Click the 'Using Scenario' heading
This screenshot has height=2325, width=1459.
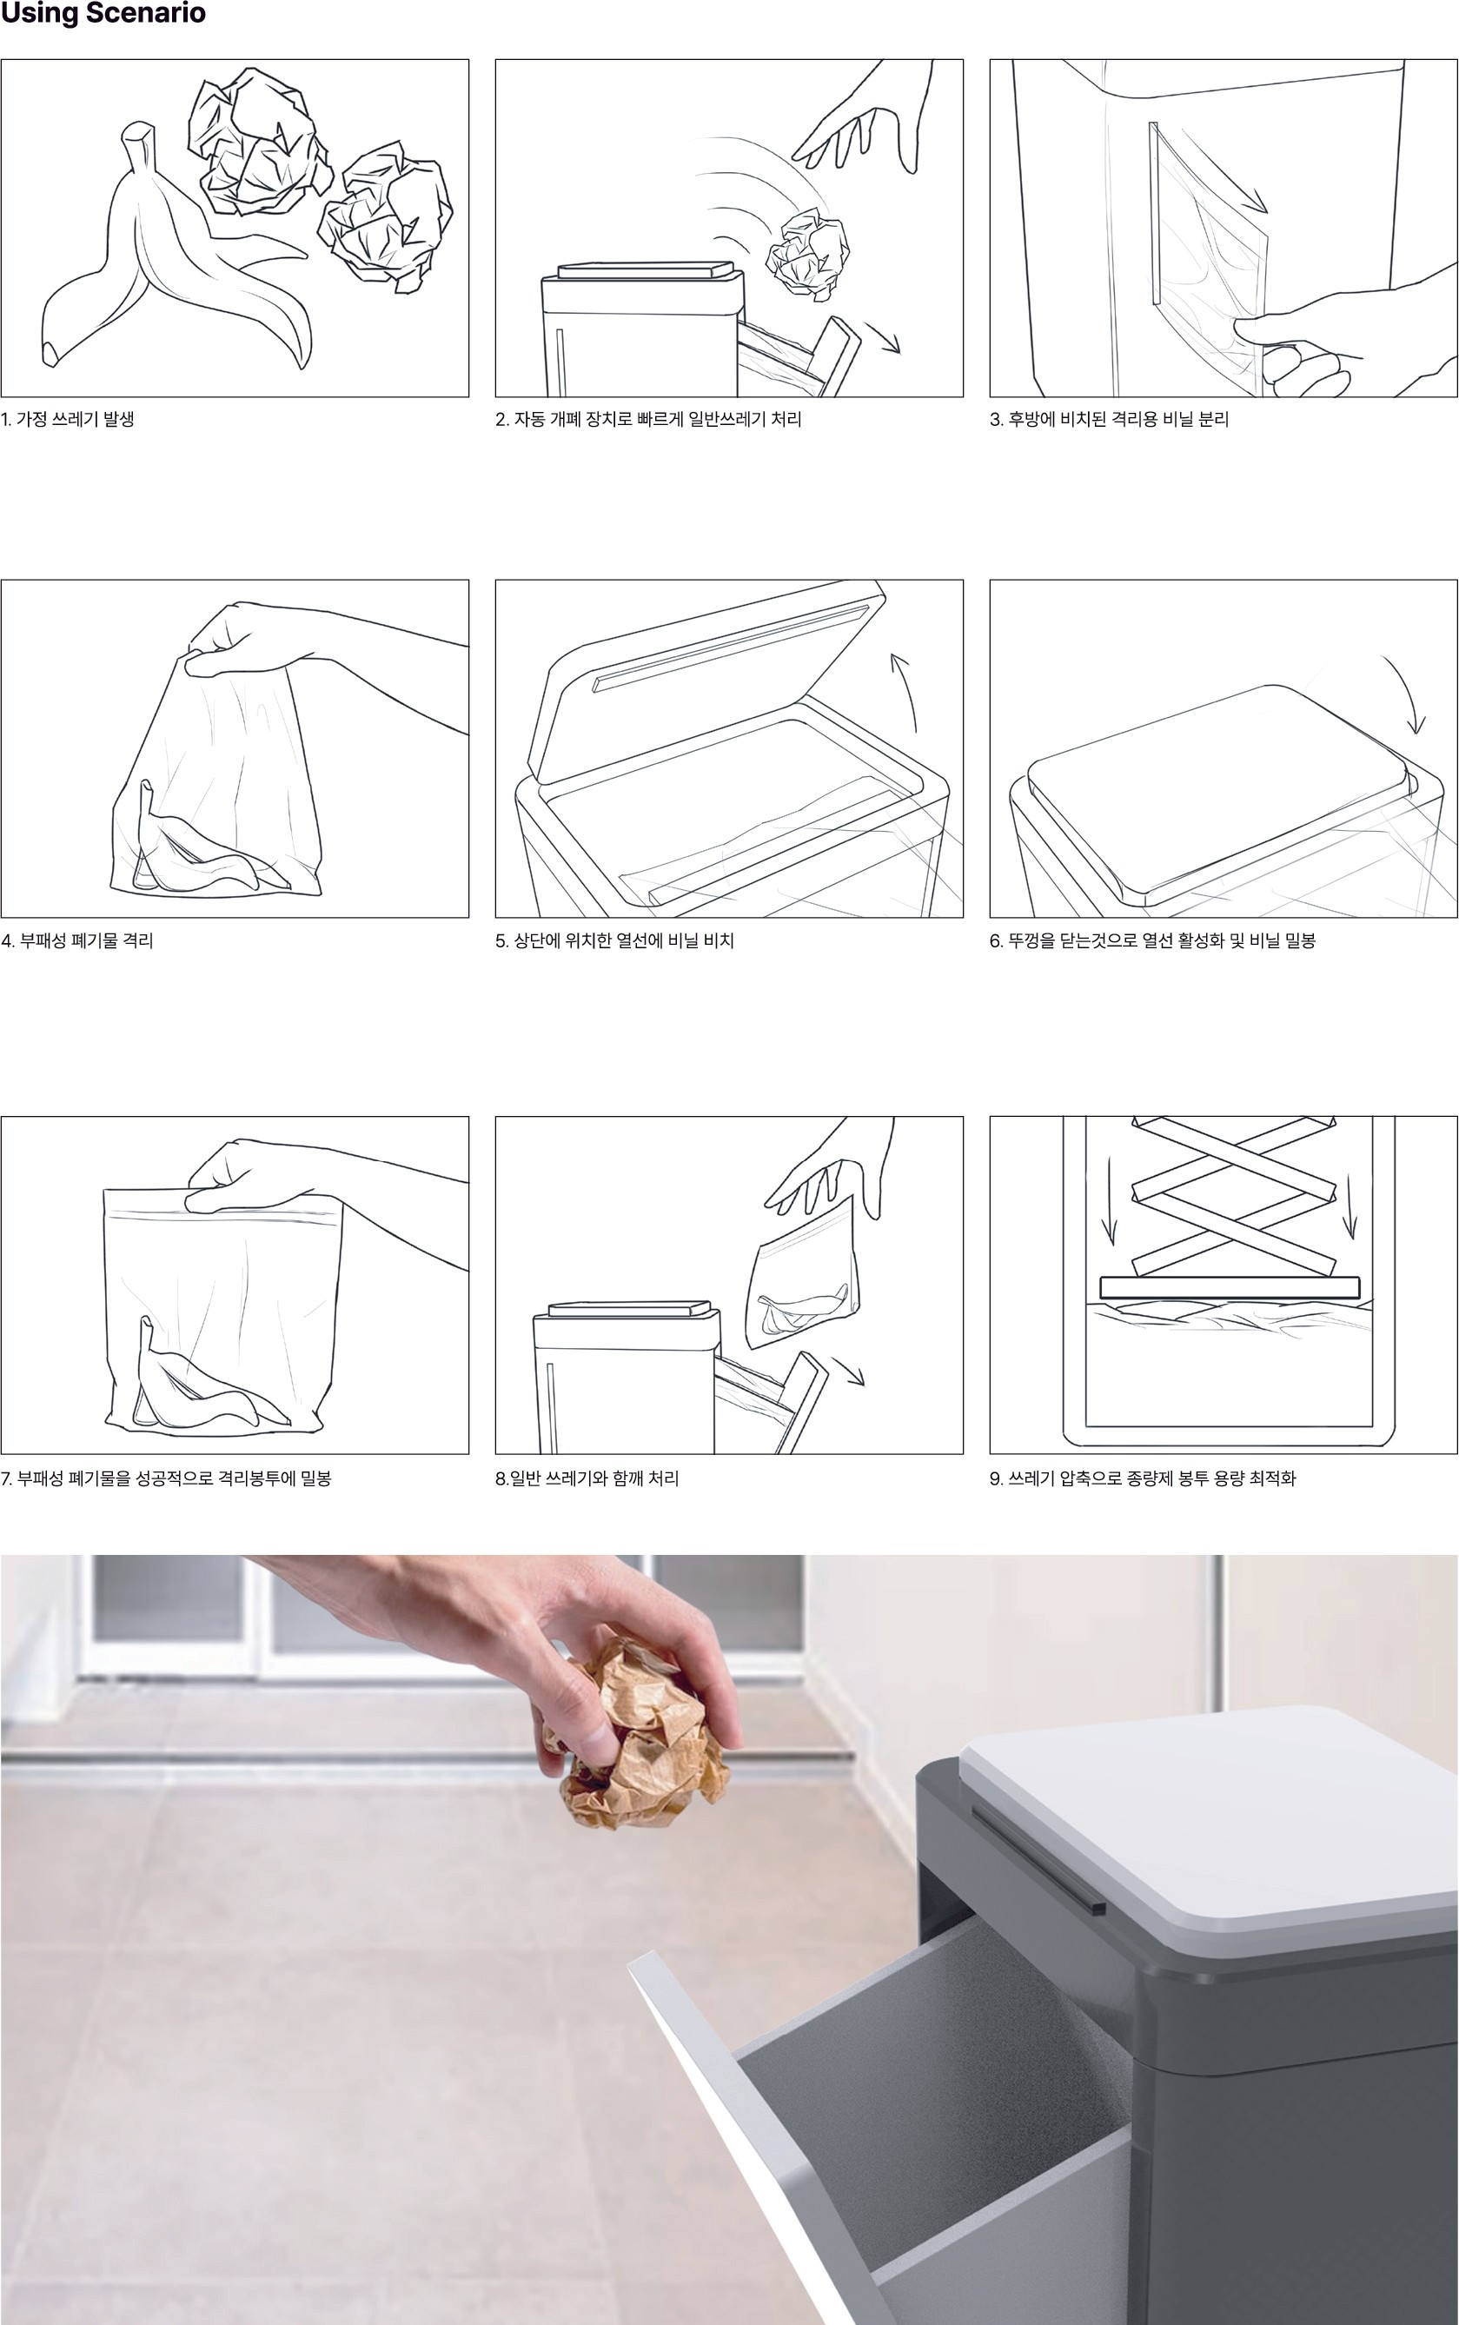point(103,14)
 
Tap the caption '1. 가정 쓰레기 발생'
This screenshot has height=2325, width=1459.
point(68,420)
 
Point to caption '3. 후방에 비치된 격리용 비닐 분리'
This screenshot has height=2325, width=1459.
point(1109,420)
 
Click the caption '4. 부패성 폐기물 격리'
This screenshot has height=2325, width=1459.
point(77,941)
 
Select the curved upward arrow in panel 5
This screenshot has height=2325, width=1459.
point(909,690)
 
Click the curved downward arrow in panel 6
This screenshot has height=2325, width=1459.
point(1407,690)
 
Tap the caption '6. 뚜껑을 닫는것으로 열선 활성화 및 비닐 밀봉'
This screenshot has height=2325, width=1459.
point(1152,941)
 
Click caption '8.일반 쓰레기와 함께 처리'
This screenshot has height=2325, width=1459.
point(587,1478)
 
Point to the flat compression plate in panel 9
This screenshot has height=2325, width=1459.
point(1230,1286)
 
